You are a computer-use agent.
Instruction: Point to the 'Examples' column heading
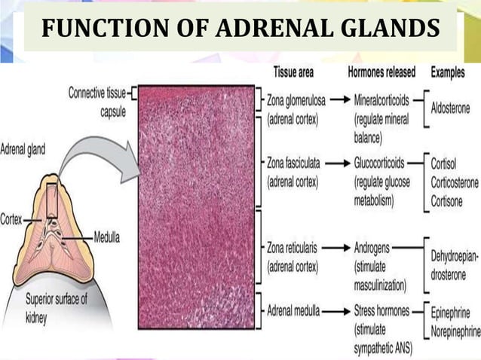click(453, 73)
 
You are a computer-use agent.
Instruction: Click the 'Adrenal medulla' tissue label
click(293, 310)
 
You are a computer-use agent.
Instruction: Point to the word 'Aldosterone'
click(450, 108)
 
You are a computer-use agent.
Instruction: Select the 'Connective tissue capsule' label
click(98, 102)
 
